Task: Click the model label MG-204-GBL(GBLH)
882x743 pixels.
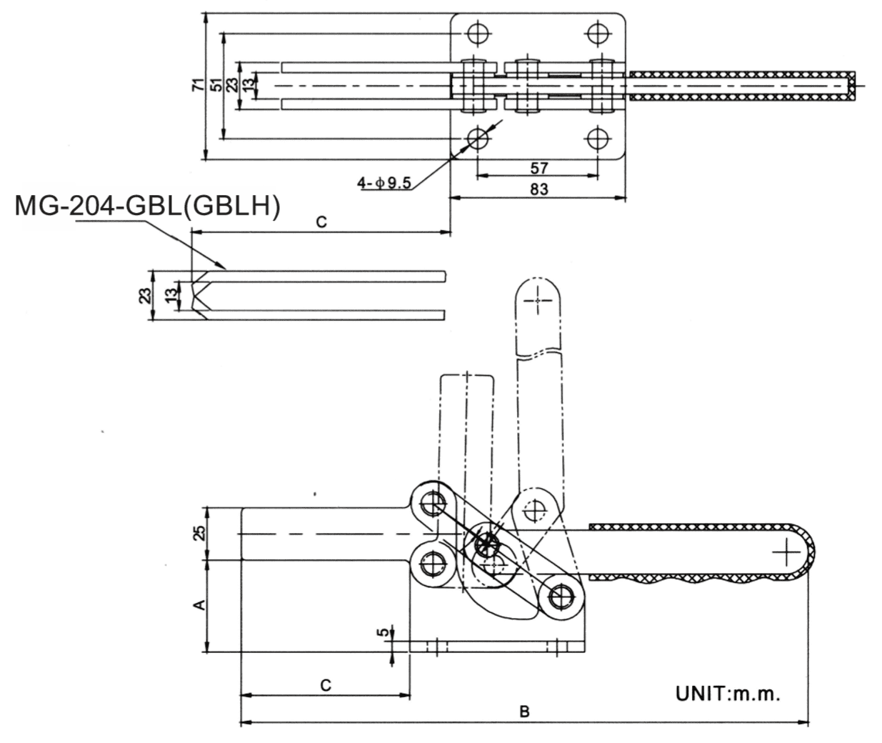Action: [x=147, y=206]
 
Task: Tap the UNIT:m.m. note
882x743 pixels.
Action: [x=728, y=693]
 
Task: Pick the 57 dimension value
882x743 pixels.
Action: [x=540, y=167]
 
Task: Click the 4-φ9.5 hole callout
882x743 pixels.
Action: [x=384, y=183]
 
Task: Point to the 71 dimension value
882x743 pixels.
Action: [x=198, y=86]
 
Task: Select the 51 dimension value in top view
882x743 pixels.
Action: [x=215, y=86]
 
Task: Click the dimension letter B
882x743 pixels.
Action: [x=524, y=712]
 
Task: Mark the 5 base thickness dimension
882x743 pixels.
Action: [x=384, y=632]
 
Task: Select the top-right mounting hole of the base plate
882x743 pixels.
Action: [x=597, y=33]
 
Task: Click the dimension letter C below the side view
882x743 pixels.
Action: [x=326, y=685]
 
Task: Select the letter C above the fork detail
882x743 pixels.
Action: [x=321, y=222]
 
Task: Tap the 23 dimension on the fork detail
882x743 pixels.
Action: [x=145, y=295]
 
